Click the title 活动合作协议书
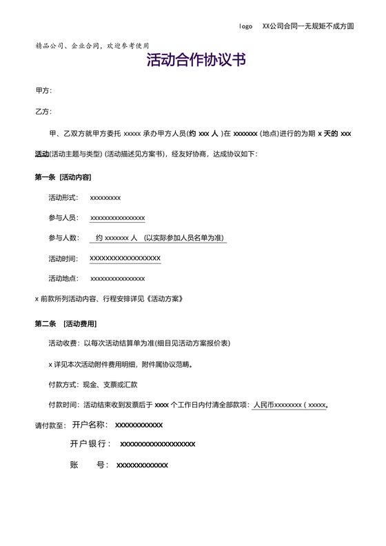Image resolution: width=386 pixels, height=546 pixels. (x=196, y=61)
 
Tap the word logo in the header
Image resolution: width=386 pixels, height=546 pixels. (x=245, y=26)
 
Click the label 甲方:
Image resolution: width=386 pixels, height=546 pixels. (x=43, y=91)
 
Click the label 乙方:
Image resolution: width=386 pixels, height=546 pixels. (x=43, y=112)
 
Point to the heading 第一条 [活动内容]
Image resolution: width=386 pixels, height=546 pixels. (x=68, y=177)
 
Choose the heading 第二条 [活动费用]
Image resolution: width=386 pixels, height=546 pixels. (x=65, y=323)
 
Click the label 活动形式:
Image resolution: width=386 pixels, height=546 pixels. (x=63, y=198)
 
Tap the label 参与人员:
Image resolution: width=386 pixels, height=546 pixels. (x=63, y=218)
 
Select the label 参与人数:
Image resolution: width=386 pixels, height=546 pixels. (x=63, y=239)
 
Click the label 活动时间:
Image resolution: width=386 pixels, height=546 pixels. (x=63, y=259)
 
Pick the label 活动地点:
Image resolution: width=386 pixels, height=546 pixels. (x=63, y=279)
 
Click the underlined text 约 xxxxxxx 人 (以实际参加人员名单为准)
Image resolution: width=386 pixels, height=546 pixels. (x=158, y=239)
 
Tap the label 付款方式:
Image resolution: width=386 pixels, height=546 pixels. (x=63, y=384)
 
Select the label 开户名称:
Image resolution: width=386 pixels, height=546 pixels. (x=90, y=425)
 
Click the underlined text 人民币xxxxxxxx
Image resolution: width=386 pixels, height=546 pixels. (x=277, y=405)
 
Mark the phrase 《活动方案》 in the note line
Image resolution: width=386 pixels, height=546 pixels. (x=165, y=299)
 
